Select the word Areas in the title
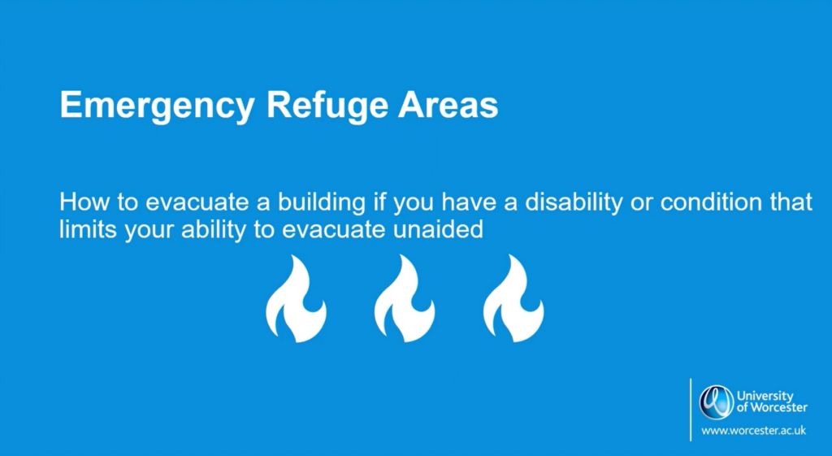pyautogui.click(x=448, y=105)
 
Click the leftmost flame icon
pyautogui.click(x=296, y=298)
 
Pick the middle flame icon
pyautogui.click(x=405, y=298)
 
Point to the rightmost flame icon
pyautogui.click(x=513, y=298)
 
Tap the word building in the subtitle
pyautogui.click(x=322, y=204)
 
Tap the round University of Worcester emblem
pyautogui.click(x=717, y=402)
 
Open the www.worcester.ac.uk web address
pyautogui.click(x=753, y=431)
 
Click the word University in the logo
pyautogui.click(x=765, y=397)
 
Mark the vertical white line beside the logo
pyautogui.click(x=691, y=410)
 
